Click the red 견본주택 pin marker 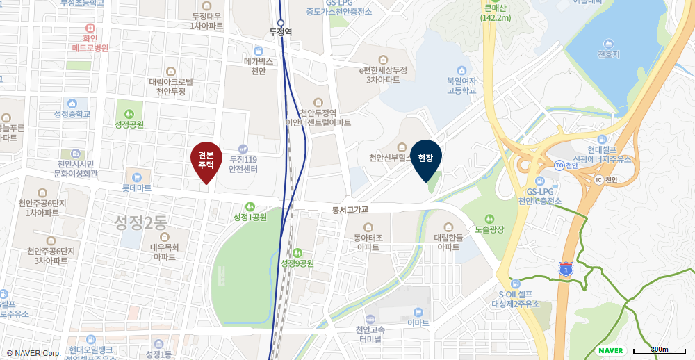[x=206, y=161]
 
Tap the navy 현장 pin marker [x=426, y=158]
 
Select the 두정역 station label [x=281, y=32]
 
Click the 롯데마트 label [x=137, y=187]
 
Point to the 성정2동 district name [x=141, y=222]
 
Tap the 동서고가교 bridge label [x=350, y=209]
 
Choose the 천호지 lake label [x=609, y=54]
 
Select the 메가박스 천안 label [x=259, y=65]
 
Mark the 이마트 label [x=418, y=322]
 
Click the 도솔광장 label [x=489, y=229]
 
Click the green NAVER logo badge [x=610, y=350]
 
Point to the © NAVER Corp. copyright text [x=33, y=353]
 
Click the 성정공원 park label [x=129, y=124]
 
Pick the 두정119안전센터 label [x=243, y=164]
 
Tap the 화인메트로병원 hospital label [x=90, y=43]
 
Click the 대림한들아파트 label [x=448, y=242]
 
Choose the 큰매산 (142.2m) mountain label [x=496, y=13]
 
